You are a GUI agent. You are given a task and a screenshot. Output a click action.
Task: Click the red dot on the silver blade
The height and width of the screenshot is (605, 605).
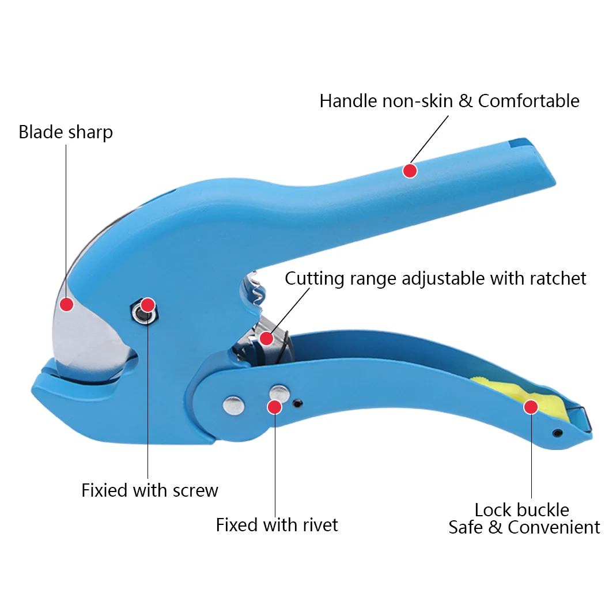[67, 304]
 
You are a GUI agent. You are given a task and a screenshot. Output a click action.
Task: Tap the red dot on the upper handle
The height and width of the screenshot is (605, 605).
[410, 171]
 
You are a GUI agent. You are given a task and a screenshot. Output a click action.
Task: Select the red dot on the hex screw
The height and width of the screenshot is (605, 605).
[148, 305]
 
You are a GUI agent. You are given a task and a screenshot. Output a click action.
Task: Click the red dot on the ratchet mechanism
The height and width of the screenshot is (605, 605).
[266, 338]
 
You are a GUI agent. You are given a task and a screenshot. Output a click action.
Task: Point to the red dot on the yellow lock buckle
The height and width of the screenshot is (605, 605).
[531, 407]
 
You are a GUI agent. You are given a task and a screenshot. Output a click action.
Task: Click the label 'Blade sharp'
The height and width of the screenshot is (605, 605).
[66, 132]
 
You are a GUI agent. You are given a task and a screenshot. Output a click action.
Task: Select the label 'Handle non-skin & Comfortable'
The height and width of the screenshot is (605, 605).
[449, 101]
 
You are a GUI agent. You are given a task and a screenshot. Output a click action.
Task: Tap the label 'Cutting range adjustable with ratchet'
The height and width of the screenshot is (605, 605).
[436, 279]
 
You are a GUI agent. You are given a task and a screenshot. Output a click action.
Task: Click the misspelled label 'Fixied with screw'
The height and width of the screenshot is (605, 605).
[150, 490]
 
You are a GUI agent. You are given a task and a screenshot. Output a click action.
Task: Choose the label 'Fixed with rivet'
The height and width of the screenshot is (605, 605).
[277, 525]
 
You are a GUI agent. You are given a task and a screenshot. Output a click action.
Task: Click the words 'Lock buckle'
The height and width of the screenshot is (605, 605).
[521, 510]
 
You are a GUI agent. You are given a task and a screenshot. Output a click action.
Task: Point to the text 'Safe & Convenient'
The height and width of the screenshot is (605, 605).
[524, 527]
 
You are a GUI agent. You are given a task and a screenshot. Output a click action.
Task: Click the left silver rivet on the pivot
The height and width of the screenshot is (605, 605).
[233, 404]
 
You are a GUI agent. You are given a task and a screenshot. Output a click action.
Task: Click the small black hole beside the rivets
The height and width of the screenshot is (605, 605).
[297, 403]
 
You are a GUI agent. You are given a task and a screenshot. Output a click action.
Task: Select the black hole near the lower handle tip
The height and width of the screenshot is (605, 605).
[557, 433]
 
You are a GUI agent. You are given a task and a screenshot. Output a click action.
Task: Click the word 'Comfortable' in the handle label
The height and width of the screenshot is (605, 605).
[528, 101]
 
